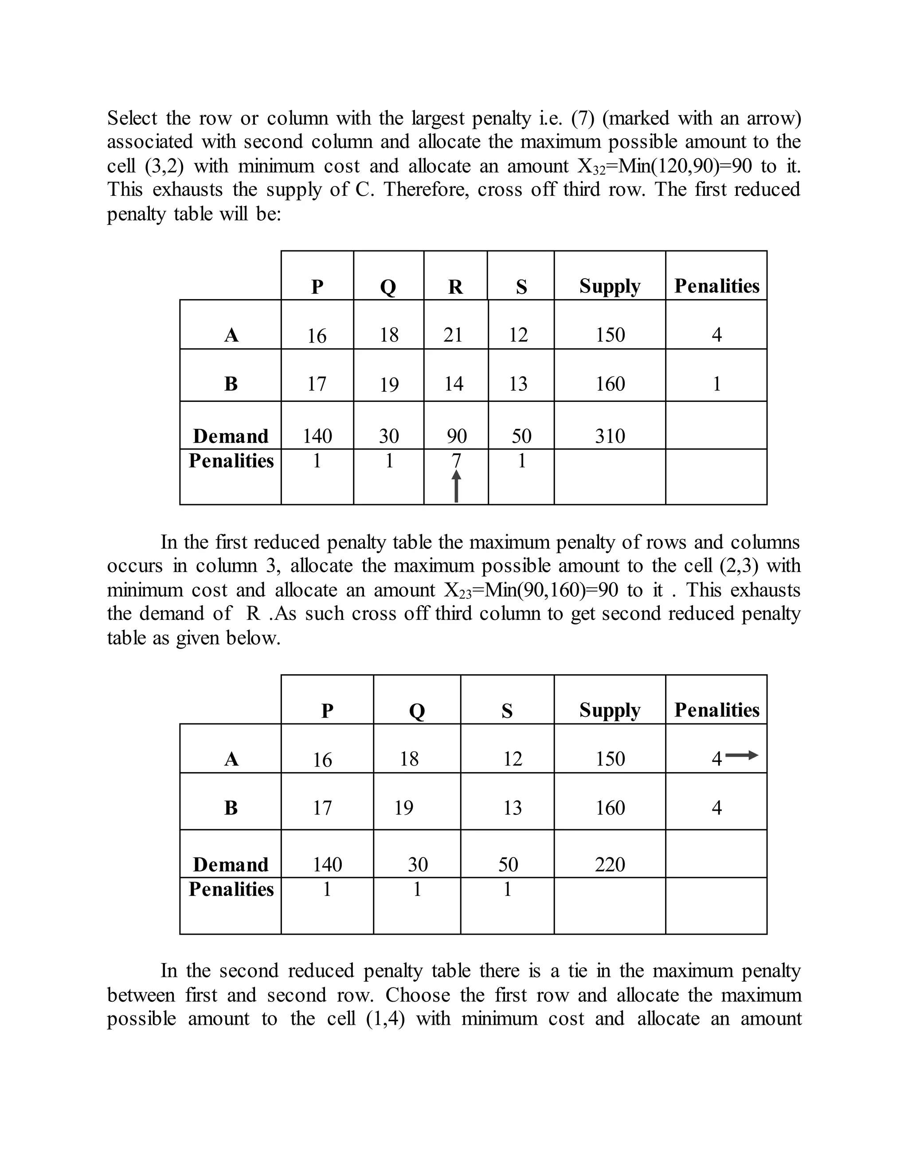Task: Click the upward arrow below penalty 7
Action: coord(456,486)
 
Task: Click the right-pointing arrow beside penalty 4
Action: coord(742,755)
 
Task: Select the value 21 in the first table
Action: coord(453,335)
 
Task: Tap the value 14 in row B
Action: coord(454,384)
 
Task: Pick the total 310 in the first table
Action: coord(610,436)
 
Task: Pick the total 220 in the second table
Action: coord(610,864)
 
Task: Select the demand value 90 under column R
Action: coord(457,436)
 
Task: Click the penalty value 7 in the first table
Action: coord(456,461)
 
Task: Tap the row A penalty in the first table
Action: coord(716,335)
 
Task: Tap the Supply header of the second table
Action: coord(610,710)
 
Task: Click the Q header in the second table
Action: coord(417,711)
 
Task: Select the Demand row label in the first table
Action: coord(231,436)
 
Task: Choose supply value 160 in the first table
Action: coord(610,384)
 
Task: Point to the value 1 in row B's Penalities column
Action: coord(716,384)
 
